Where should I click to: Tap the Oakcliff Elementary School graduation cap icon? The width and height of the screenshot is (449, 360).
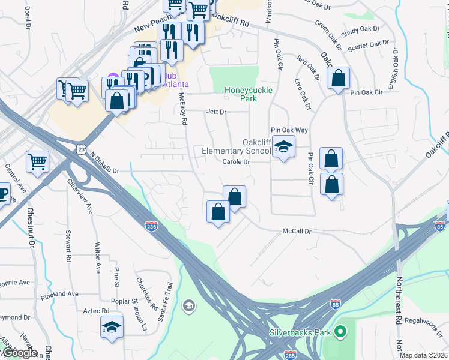(x=283, y=146)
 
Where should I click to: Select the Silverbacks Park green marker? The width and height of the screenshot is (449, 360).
(x=340, y=331)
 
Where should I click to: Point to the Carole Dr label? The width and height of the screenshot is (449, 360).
(x=236, y=162)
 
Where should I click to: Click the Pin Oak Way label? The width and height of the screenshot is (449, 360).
(x=289, y=130)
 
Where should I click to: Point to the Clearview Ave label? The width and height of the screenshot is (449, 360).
(x=80, y=196)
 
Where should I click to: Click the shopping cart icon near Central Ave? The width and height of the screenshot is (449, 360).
(x=37, y=161)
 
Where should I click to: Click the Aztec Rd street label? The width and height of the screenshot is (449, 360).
(x=97, y=311)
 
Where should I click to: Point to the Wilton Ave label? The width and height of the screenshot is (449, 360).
(x=98, y=257)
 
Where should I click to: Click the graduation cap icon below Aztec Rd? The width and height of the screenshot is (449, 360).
(x=112, y=327)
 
